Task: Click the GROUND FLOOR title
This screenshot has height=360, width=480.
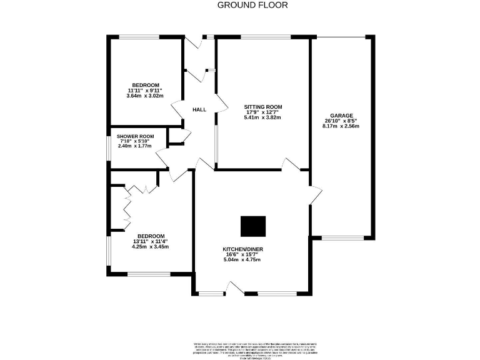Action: coord(252,5)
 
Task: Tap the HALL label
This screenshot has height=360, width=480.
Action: coord(199,109)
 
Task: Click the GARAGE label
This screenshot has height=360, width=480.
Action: coord(342,116)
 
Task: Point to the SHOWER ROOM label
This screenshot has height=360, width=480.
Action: coord(136,136)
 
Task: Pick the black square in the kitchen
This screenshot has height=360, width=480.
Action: coord(253,226)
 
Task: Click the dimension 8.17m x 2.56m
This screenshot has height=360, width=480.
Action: coord(341,126)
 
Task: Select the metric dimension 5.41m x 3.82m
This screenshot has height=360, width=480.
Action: coord(262,117)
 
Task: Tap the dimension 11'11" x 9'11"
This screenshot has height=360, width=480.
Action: coord(146,91)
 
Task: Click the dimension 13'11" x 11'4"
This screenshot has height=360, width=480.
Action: coord(151,241)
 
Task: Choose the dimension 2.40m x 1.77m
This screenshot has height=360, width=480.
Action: coord(136,147)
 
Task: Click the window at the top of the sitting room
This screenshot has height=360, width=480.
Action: coord(265,37)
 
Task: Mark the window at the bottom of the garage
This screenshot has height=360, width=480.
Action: coord(338,237)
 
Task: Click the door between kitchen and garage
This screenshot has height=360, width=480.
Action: coord(314,194)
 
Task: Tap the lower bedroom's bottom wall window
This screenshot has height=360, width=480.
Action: coord(149,273)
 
